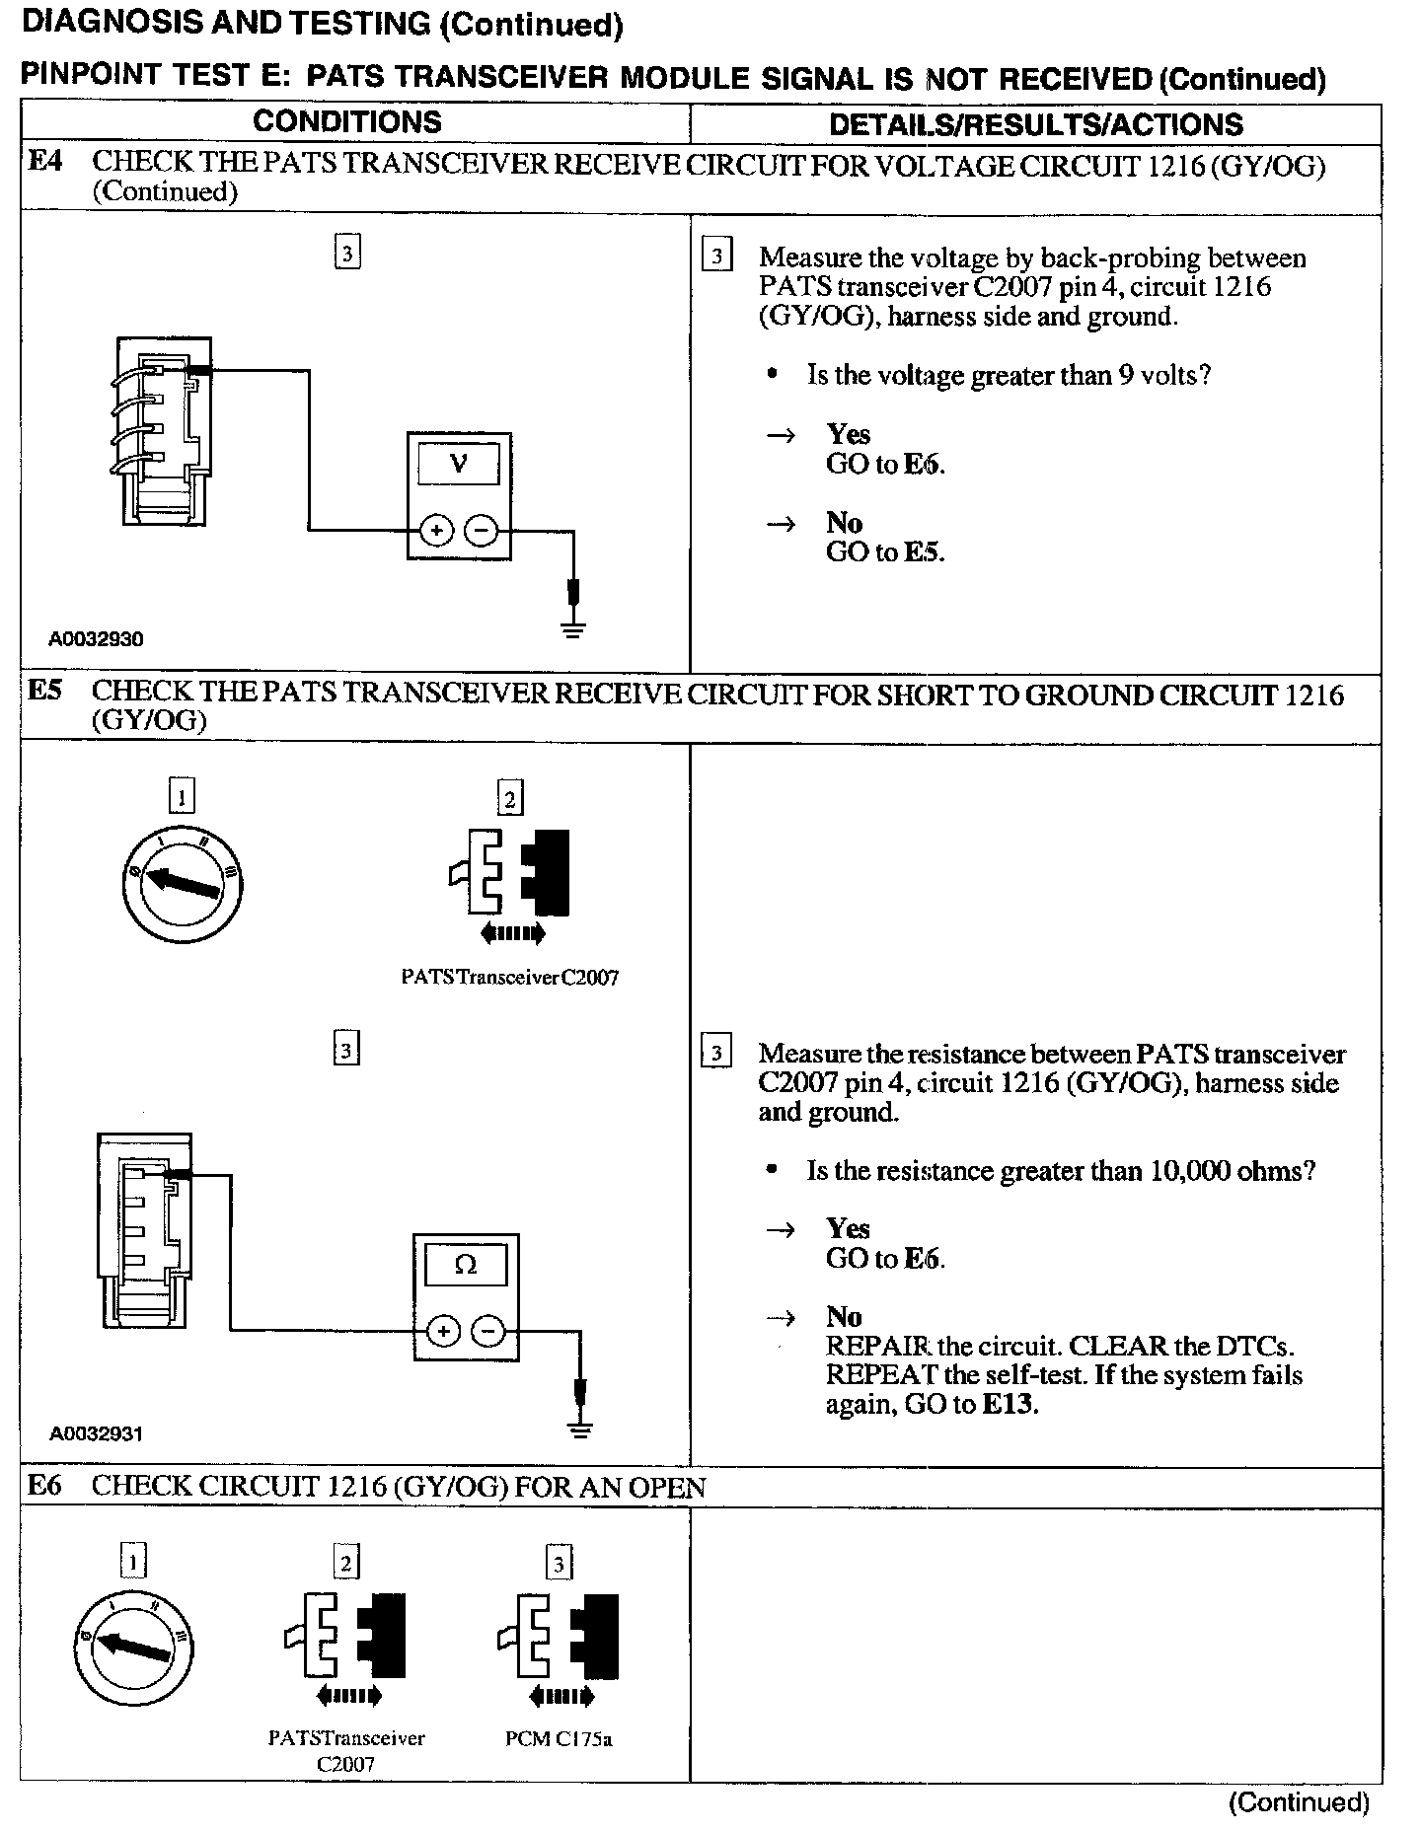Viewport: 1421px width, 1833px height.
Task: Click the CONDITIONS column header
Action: (347, 122)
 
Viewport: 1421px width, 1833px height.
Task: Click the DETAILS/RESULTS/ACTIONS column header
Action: (1035, 124)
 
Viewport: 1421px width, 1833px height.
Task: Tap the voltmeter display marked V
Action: (459, 463)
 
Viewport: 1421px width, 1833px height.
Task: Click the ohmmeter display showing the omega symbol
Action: (466, 1264)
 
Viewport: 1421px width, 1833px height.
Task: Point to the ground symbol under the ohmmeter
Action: (581, 1429)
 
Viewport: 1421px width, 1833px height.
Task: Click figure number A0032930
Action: (96, 639)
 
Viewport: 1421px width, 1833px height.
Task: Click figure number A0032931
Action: (96, 1434)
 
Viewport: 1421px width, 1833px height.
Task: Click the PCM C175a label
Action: (559, 1739)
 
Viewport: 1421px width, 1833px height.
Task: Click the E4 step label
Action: (44, 161)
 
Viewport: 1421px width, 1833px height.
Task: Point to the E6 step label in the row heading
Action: (44, 1485)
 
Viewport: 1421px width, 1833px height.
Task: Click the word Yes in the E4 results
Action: (848, 434)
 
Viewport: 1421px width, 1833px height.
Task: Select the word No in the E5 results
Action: (844, 1316)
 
